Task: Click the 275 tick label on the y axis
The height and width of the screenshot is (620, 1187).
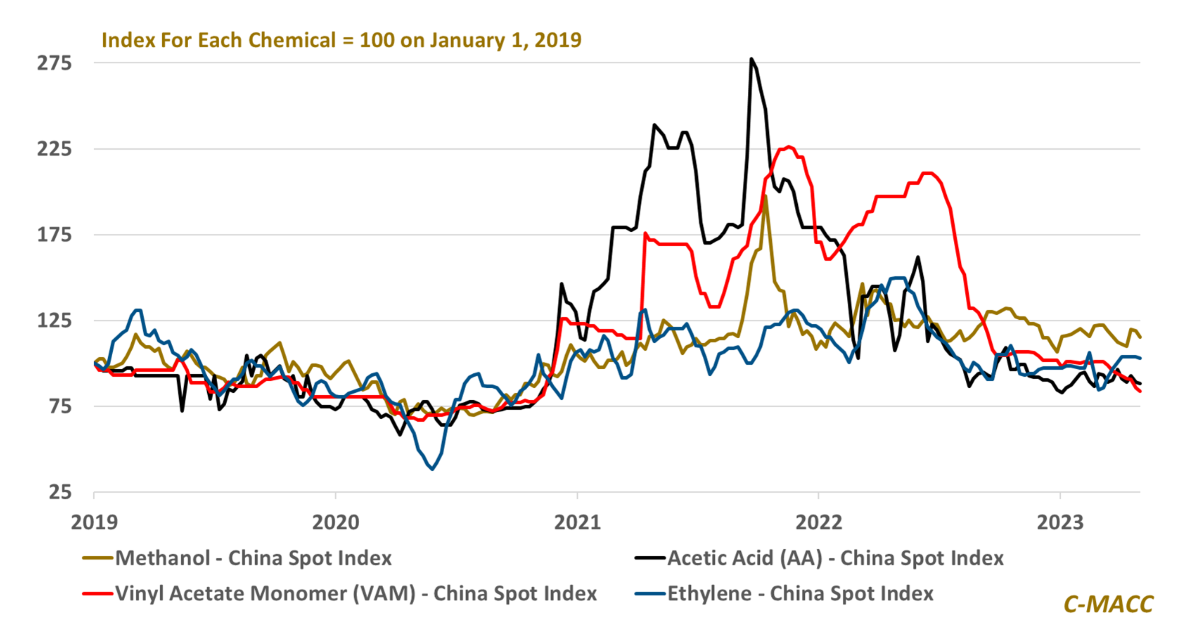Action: pos(54,63)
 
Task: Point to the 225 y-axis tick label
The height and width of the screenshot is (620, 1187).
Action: pos(54,149)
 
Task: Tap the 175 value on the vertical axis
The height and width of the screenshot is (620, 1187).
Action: pos(54,235)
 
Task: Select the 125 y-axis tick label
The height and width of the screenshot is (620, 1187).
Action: pos(54,320)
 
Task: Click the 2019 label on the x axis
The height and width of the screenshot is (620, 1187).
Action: pos(94,522)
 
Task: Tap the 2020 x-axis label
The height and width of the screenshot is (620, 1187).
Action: pos(336,522)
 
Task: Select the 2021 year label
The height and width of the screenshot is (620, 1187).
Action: pos(577,522)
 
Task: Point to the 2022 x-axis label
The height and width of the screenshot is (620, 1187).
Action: pos(819,522)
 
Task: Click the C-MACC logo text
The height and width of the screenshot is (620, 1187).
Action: pos(1108,604)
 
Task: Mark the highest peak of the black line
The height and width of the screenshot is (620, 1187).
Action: pos(751,59)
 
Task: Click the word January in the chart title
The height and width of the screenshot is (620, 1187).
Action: pos(468,40)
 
